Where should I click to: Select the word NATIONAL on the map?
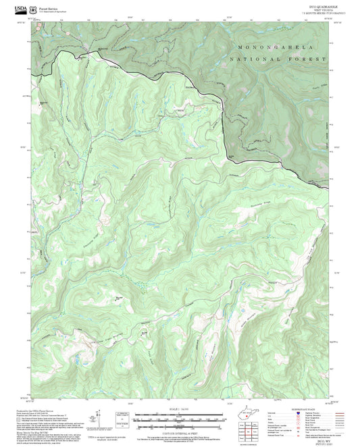pos(254,59)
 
